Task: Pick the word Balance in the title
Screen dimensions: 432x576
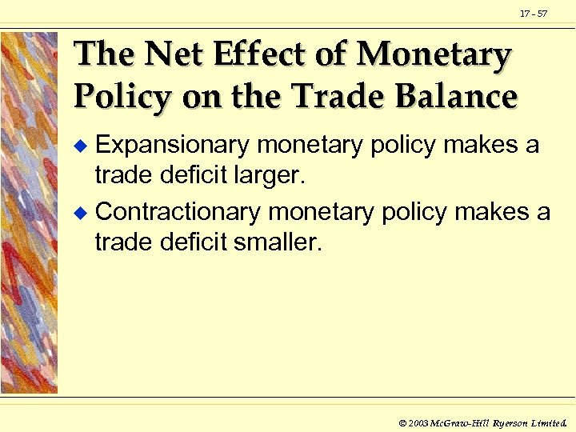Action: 458,97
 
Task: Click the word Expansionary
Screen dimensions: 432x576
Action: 173,146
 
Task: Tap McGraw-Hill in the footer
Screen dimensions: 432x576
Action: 459,421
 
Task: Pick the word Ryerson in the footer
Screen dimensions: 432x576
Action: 510,421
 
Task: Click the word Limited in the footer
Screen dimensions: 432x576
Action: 551,421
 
